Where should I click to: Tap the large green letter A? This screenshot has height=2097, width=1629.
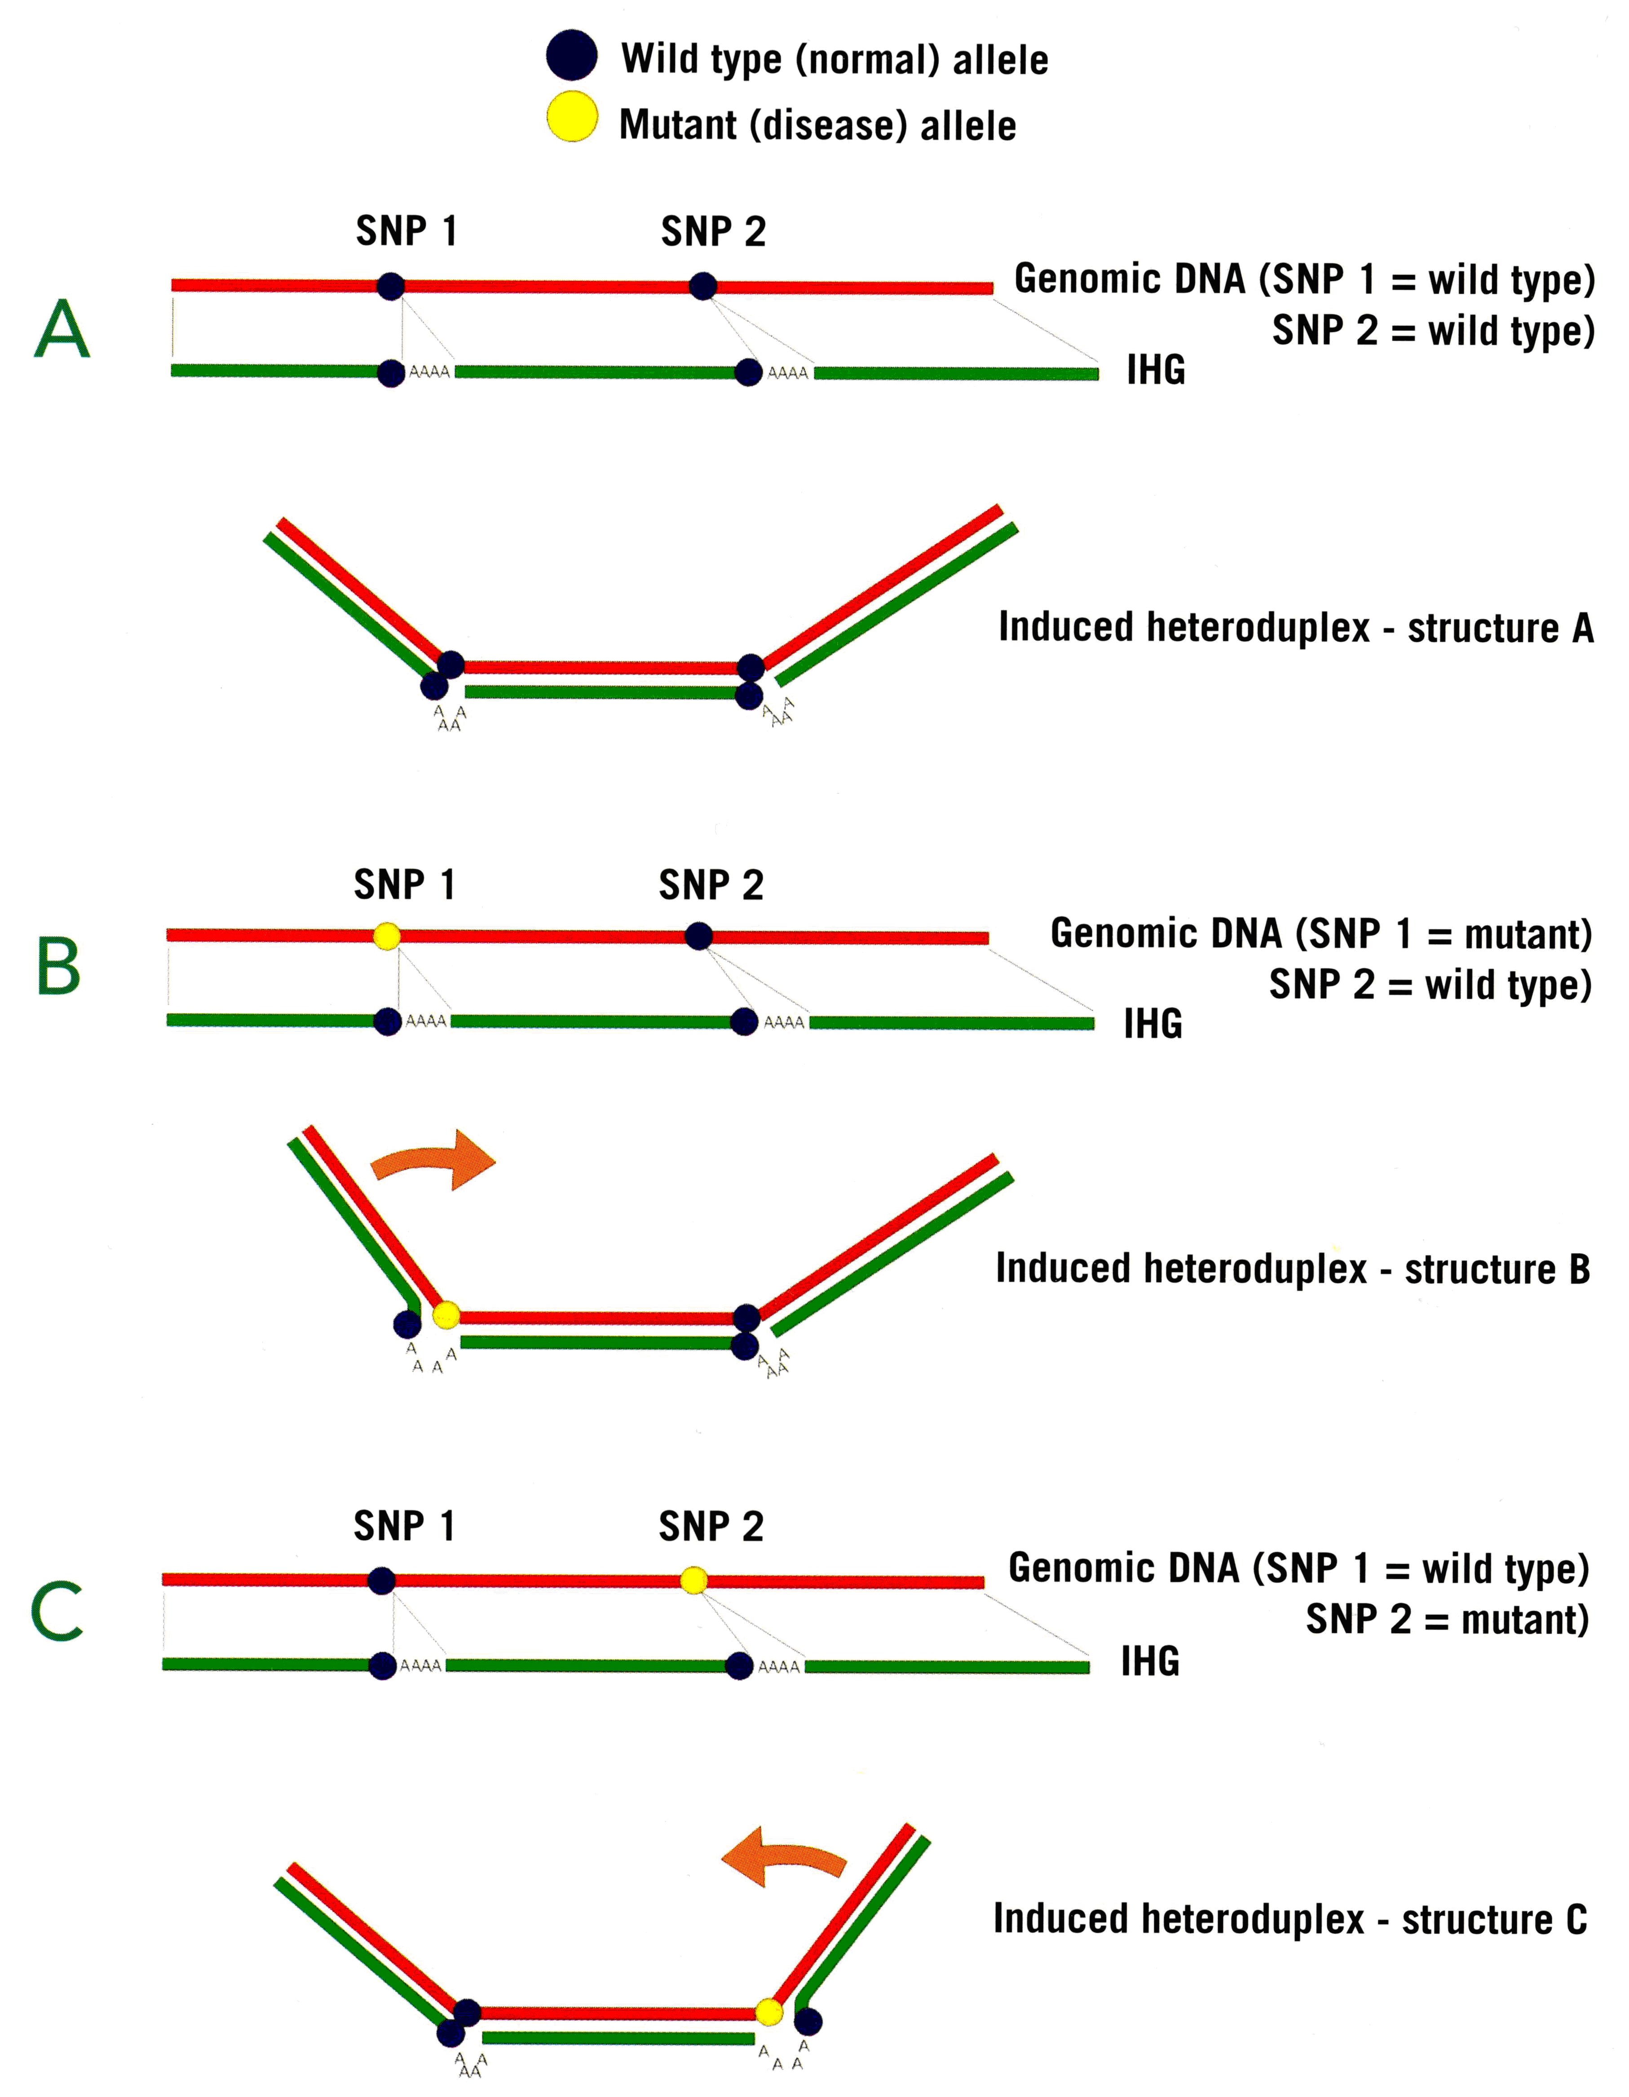tap(62, 329)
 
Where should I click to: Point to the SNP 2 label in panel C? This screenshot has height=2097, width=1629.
tap(711, 1526)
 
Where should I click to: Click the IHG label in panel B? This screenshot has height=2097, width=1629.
tap(1152, 1023)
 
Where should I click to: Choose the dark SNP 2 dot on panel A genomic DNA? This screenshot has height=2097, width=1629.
tap(703, 286)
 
